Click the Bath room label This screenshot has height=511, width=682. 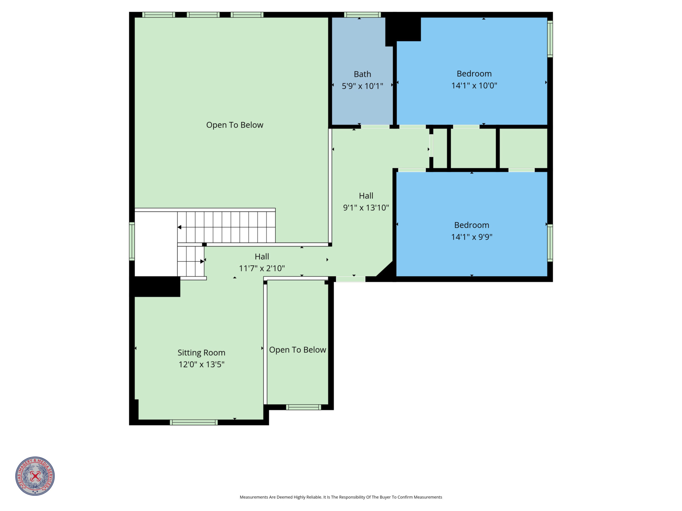click(362, 74)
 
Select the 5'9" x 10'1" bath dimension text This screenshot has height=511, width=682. click(362, 86)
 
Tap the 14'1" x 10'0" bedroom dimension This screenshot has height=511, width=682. click(474, 86)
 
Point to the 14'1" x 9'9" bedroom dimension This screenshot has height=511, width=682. click(472, 237)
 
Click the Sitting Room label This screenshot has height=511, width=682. click(201, 353)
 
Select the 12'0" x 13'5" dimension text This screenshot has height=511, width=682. click(201, 364)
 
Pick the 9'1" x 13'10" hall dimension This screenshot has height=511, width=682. click(366, 208)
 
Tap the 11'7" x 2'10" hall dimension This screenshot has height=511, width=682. click(262, 268)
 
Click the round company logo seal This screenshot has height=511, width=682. click(35, 476)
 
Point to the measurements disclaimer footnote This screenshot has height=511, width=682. click(341, 497)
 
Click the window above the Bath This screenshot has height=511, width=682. click(362, 15)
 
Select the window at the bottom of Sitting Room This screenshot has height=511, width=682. click(194, 422)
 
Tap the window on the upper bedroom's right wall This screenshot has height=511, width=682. click(550, 39)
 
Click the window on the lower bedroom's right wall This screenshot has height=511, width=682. click(550, 243)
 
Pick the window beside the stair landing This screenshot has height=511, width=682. click(132, 241)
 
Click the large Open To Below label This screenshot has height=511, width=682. click(235, 125)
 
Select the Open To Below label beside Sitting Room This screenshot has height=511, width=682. click(298, 350)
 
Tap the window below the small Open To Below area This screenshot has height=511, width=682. click(303, 407)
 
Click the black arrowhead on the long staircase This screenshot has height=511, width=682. click(180, 227)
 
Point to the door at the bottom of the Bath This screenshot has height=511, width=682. click(375, 127)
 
